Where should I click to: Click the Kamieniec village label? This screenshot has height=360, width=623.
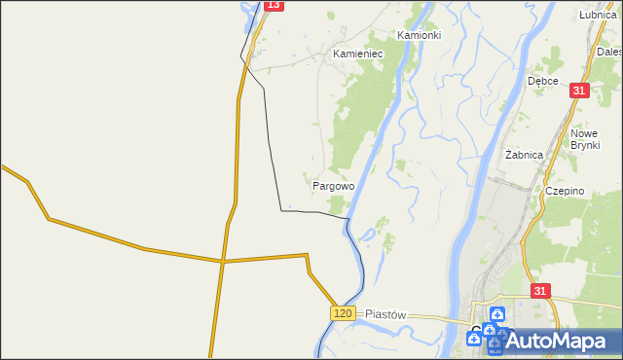[x=358, y=54]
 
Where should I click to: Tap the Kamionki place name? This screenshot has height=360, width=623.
[x=420, y=35]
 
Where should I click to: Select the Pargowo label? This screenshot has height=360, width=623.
[x=333, y=184]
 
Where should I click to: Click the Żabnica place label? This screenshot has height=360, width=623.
[x=526, y=155]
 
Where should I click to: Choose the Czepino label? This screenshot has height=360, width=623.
[x=565, y=192]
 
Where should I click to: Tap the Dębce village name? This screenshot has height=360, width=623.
[x=542, y=81]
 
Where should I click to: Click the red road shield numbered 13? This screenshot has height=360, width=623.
[x=274, y=5]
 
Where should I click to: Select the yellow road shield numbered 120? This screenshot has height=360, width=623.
[x=341, y=312]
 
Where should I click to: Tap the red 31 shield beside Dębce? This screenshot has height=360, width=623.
[x=579, y=90]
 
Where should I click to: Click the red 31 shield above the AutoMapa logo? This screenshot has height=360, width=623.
[x=541, y=291]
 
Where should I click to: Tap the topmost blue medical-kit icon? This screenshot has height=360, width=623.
[x=497, y=314]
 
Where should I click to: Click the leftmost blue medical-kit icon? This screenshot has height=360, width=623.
[x=474, y=339]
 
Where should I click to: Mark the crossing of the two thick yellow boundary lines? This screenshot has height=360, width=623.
[x=222, y=261]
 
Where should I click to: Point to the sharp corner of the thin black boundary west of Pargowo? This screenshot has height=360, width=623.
[x=281, y=209]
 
